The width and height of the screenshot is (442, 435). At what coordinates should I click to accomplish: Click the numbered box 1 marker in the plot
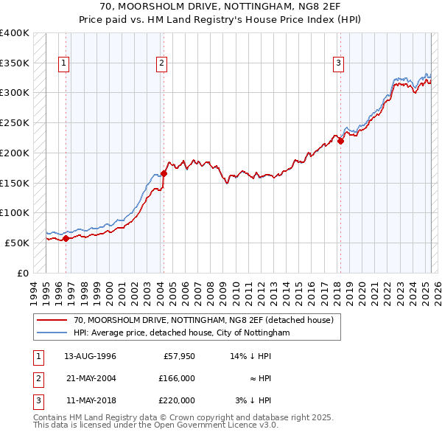pyautogui.click(x=65, y=63)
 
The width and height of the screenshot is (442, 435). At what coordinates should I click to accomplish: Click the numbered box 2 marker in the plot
pyautogui.click(x=161, y=63)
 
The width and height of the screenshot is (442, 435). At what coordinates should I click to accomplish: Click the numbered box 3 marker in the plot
pyautogui.click(x=338, y=63)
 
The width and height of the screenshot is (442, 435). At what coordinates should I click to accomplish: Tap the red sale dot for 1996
pyautogui.click(x=66, y=238)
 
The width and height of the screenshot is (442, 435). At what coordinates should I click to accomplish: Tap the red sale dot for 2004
pyautogui.click(x=164, y=173)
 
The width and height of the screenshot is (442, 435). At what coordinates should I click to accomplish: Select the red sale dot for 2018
pyautogui.click(x=340, y=141)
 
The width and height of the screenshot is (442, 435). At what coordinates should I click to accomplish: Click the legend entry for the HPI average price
pyautogui.click(x=182, y=333)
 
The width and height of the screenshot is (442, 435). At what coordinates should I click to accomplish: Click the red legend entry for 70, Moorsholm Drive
pyautogui.click(x=203, y=320)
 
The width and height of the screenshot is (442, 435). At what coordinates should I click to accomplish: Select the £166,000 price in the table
pyautogui.click(x=178, y=378)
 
